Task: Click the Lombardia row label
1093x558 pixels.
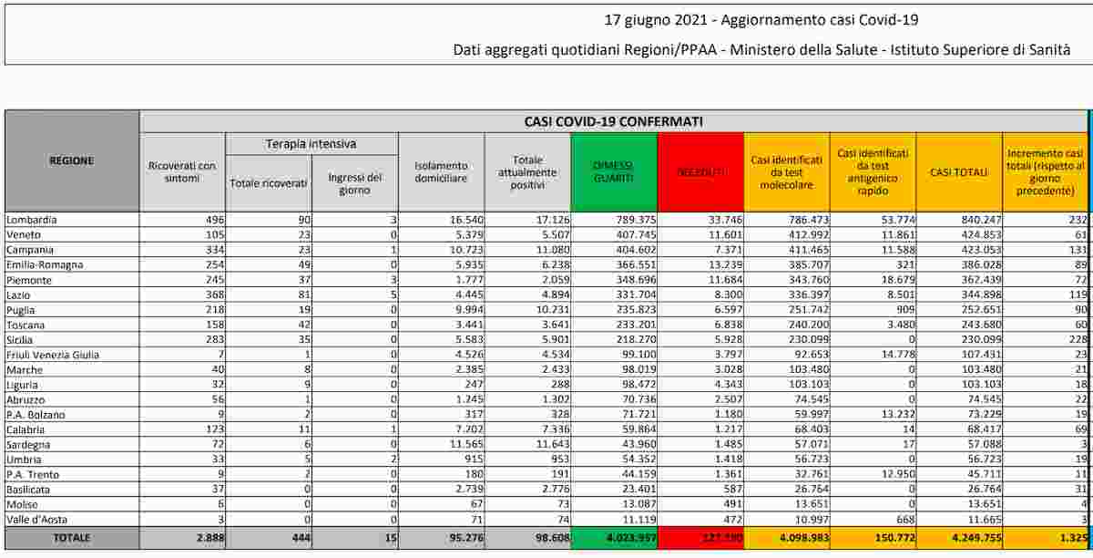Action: point(32,220)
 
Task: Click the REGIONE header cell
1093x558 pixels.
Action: point(71,160)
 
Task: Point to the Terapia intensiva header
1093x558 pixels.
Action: point(311,144)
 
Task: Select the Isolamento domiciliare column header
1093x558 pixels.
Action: point(441,172)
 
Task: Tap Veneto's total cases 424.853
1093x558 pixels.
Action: point(978,234)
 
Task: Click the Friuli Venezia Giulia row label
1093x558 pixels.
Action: point(52,353)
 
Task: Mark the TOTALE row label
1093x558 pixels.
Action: point(71,538)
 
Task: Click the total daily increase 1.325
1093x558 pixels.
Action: point(1067,538)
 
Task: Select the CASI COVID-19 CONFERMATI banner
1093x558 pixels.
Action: point(612,121)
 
